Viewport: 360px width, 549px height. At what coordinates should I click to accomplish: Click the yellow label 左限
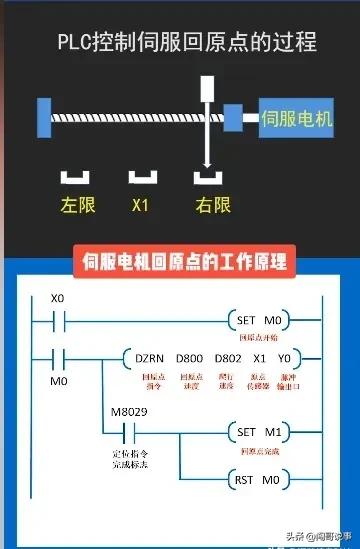point(76,206)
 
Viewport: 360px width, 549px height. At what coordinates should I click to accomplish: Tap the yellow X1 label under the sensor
point(141,206)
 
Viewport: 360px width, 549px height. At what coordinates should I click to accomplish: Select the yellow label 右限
point(213,206)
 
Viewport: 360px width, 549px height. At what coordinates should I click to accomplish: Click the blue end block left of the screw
point(44,117)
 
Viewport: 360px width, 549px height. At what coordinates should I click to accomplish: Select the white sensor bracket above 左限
point(76,178)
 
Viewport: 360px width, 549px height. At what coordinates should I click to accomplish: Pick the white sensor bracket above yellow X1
point(141,178)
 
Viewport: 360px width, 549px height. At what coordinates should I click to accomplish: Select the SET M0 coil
point(261,320)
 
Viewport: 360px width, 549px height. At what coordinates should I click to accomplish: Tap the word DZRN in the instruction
point(148,357)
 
